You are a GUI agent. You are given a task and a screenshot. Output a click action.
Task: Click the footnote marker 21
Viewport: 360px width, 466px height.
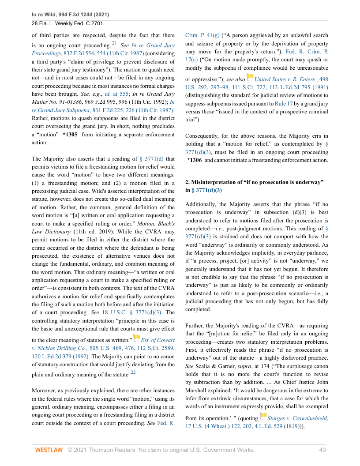coord(114,43)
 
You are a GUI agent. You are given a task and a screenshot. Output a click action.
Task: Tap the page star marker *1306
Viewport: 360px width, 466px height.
coord(195,160)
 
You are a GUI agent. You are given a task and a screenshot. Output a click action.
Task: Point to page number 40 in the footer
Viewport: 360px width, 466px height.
coord(322,450)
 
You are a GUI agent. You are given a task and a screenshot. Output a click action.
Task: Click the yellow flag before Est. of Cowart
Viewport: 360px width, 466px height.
coord(137,338)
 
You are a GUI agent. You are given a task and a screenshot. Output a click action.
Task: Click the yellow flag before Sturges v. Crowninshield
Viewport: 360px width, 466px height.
coord(263,416)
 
